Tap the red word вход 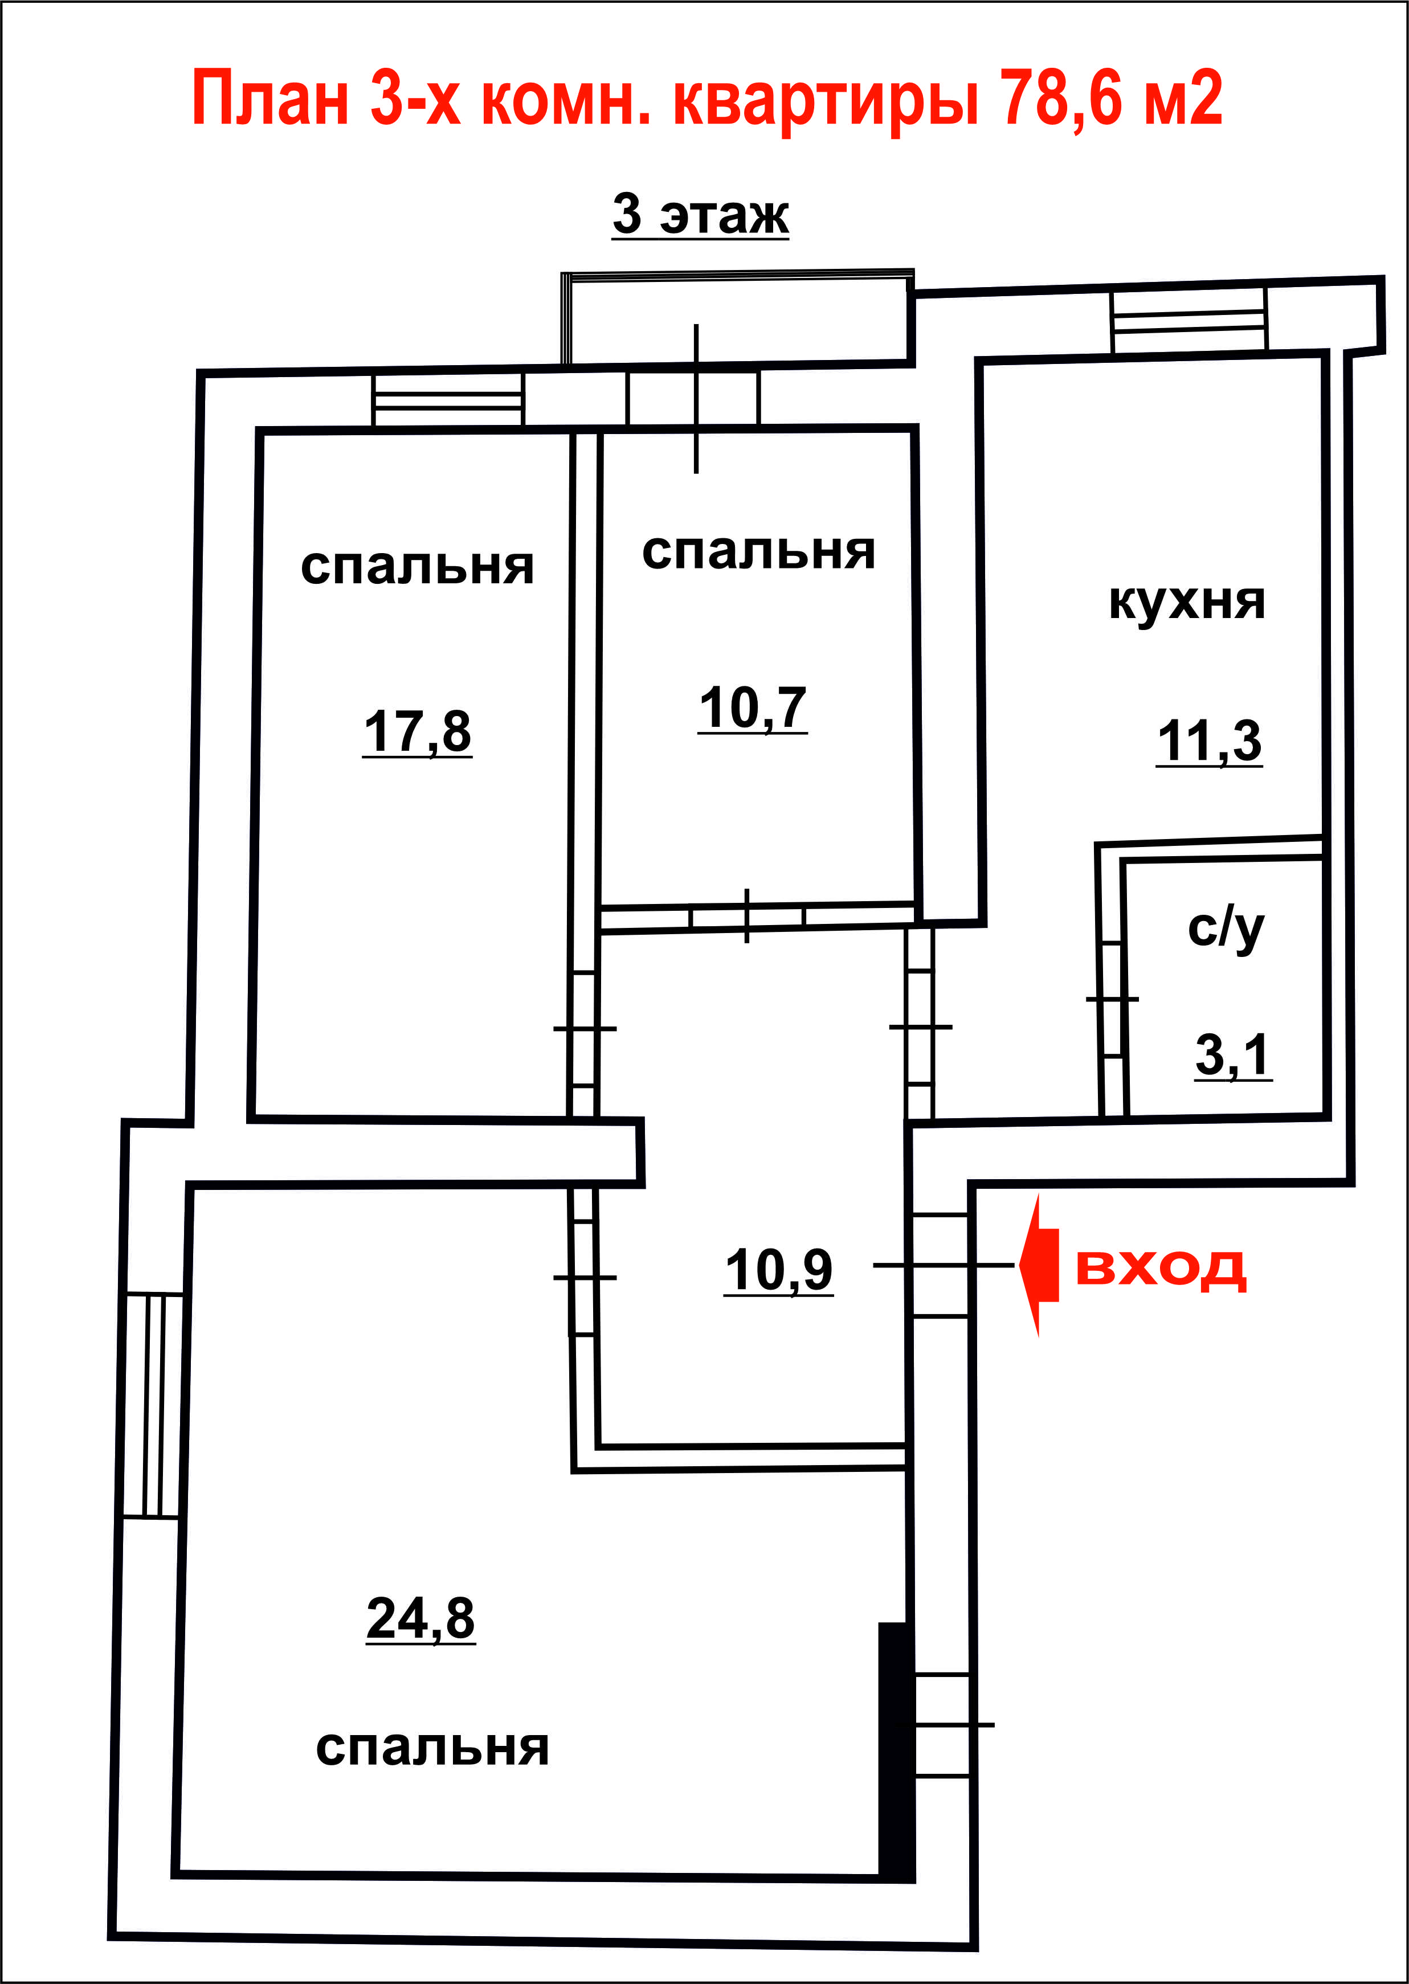[1161, 1269]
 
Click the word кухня [1187, 602]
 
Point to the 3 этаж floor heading [701, 214]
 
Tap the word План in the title [271, 98]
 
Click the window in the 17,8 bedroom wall [448, 400]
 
